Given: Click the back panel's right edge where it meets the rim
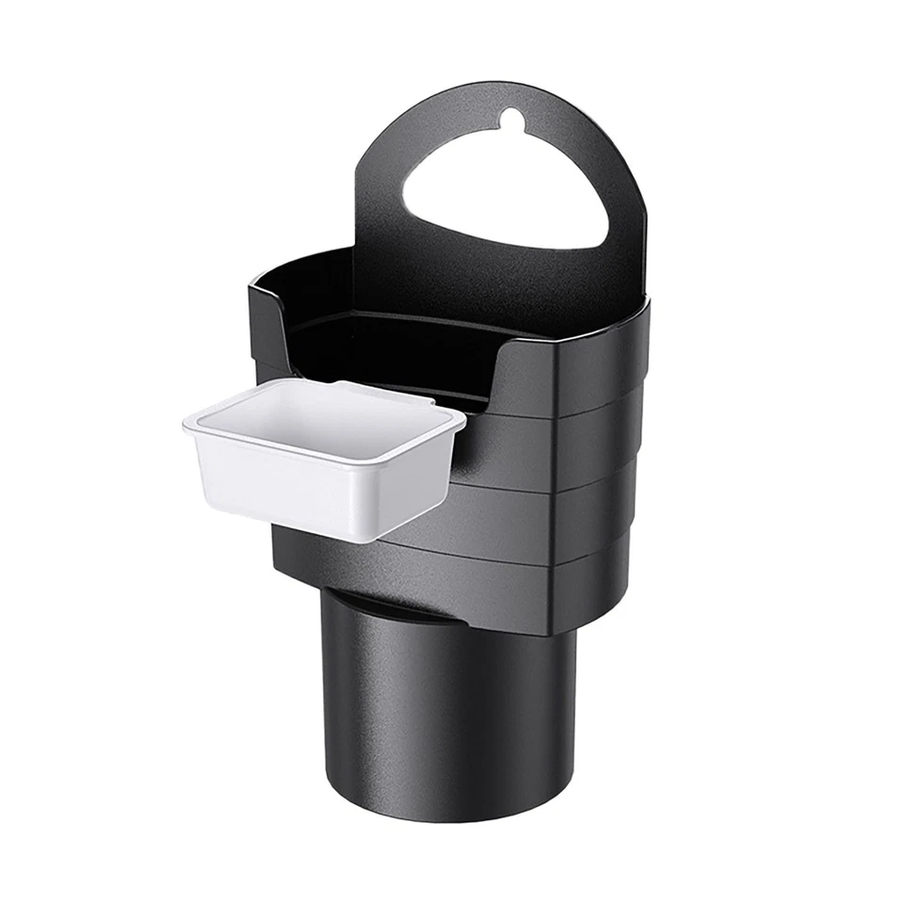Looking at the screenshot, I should (x=646, y=301).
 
